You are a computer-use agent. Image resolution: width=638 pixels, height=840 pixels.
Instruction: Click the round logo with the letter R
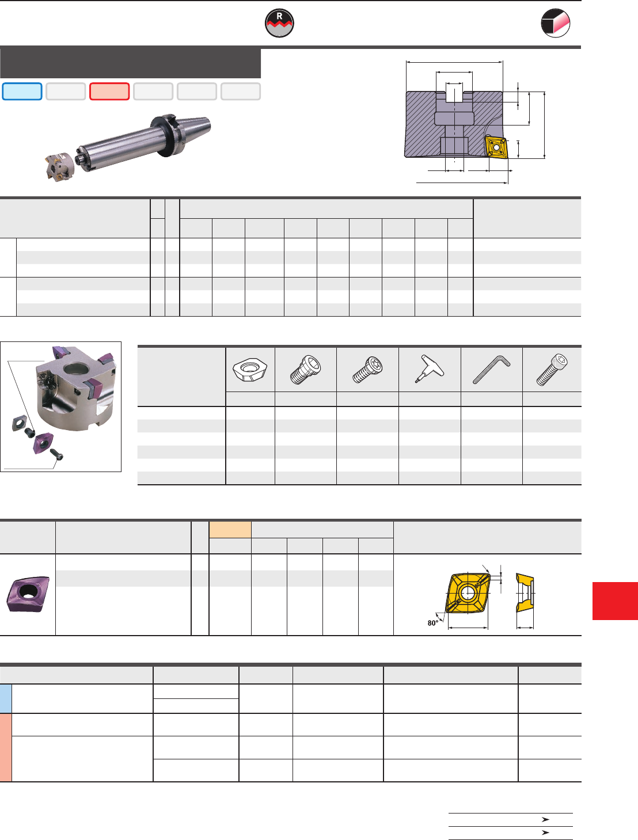(279, 23)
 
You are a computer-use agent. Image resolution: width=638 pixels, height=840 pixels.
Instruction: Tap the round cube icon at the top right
(555, 23)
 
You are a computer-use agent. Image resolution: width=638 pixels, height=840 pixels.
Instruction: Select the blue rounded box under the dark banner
(22, 92)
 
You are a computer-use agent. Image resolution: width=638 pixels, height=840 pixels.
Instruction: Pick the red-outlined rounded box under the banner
(109, 92)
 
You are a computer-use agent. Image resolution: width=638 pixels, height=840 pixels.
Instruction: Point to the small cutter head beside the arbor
(59, 166)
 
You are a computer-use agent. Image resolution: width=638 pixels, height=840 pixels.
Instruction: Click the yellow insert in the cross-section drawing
(496, 147)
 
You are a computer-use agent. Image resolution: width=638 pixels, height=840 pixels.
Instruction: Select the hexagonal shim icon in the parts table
(250, 369)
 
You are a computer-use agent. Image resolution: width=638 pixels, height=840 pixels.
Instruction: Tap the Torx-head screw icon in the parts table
(367, 370)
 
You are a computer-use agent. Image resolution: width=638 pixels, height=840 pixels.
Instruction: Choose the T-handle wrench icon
(430, 368)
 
